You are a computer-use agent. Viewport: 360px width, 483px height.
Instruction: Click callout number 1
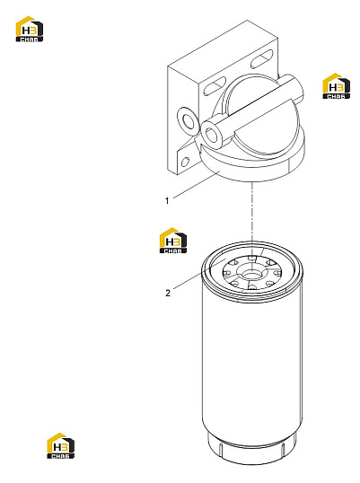167,201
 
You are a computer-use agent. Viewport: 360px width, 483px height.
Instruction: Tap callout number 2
168,293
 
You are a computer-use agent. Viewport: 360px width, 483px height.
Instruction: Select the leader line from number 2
199,274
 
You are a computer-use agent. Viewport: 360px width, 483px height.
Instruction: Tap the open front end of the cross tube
211,135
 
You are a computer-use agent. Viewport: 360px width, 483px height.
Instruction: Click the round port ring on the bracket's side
187,122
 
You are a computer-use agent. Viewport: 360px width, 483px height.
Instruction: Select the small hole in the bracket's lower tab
186,162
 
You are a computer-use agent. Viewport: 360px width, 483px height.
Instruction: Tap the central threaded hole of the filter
252,273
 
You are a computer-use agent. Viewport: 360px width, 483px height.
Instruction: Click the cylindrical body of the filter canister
252,366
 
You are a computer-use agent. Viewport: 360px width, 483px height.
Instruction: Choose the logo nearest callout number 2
173,241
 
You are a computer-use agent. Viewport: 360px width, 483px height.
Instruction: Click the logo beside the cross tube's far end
336,86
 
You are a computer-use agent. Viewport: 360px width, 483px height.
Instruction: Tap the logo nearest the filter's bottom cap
60,445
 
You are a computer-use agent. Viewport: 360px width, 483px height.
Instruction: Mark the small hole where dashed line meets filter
252,257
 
